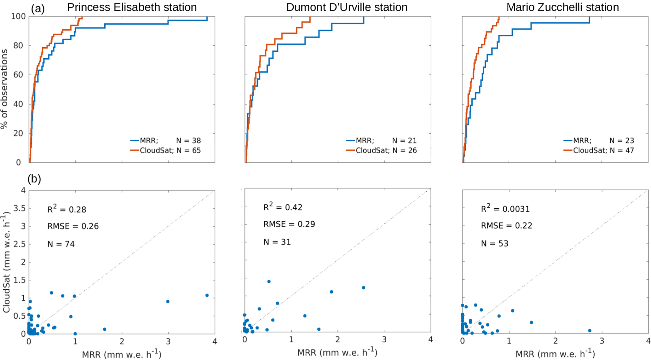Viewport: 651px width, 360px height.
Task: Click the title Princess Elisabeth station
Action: coord(132,7)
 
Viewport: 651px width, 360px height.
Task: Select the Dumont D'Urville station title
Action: coord(347,7)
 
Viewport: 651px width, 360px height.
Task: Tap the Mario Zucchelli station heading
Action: coord(562,7)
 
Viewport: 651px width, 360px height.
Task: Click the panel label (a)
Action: coord(38,9)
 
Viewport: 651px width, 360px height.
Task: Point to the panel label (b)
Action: coord(34,179)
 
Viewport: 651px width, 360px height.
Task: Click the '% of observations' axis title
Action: coord(4,89)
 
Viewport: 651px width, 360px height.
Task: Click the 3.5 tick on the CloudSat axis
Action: coord(20,208)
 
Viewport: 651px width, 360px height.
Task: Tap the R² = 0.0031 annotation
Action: coord(505,208)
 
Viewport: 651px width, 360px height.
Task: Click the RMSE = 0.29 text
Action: coord(289,224)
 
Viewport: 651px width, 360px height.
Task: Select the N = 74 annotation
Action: coord(61,244)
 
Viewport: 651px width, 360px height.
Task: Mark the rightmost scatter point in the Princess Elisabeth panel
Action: coord(207,295)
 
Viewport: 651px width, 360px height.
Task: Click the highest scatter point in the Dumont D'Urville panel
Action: coord(269,282)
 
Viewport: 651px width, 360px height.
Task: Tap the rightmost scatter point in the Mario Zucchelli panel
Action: coord(590,331)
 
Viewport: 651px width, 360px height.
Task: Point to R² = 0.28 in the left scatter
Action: coord(66,209)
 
